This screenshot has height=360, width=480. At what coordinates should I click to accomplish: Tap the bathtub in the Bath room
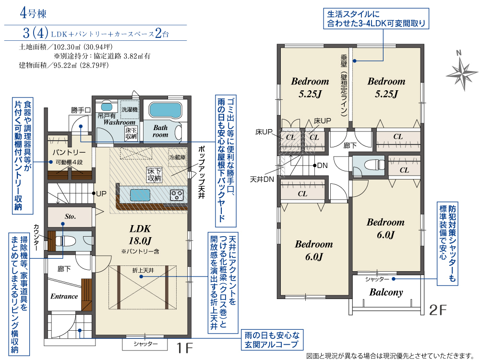(165, 109)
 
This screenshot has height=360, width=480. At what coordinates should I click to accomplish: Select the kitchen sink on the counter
(140, 195)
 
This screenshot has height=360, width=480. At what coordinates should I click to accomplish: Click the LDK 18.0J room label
(140, 235)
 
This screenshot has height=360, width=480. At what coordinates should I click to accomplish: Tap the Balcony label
(386, 292)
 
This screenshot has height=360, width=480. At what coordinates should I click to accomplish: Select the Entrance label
(64, 296)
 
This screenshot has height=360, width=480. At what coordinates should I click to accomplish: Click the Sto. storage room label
(70, 216)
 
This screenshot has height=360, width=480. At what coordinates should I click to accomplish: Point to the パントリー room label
(69, 152)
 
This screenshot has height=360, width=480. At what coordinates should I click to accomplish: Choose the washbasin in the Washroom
(107, 107)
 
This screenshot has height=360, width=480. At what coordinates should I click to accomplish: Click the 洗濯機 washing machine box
(130, 109)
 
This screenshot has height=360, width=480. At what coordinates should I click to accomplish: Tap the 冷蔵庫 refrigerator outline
(178, 157)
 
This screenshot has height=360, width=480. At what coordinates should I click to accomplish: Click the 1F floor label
(185, 348)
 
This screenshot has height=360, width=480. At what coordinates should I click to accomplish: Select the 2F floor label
(438, 311)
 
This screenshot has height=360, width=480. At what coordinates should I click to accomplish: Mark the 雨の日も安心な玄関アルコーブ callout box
(272, 340)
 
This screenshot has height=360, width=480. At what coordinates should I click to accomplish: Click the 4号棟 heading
(33, 13)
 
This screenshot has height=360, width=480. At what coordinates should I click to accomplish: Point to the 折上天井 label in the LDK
(143, 271)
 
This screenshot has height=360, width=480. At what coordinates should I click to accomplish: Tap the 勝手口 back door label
(81, 110)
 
